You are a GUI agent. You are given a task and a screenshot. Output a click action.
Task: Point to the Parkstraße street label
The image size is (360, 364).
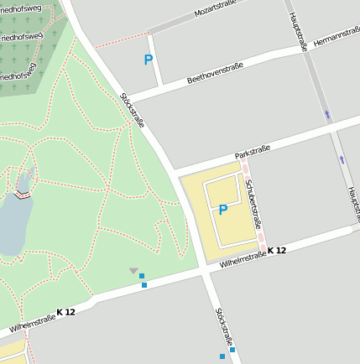[x=252, y=152]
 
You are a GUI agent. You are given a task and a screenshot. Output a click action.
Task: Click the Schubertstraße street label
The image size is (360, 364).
[x=256, y=207]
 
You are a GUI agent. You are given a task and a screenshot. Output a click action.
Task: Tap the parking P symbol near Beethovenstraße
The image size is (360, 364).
[x=149, y=60]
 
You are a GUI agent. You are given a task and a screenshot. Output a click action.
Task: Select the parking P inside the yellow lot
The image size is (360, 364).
[x=223, y=210]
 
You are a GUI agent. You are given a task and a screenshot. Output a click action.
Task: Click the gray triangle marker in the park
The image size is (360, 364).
[x=133, y=270]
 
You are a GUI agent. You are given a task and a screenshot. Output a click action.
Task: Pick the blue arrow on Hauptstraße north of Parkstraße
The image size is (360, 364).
[x=327, y=114]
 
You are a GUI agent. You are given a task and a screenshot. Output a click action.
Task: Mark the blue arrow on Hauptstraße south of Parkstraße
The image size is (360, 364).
[x=342, y=159]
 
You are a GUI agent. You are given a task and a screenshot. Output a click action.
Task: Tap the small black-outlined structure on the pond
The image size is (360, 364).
[x=23, y=195]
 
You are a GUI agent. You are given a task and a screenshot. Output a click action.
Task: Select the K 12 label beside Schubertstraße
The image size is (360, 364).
[x=278, y=251]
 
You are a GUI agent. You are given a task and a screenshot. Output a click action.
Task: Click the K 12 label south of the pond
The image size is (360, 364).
[x=66, y=312]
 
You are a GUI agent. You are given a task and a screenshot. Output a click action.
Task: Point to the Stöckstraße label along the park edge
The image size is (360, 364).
[x=133, y=110]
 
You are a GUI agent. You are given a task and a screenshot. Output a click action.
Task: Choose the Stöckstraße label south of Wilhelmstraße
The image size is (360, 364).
[x=224, y=327]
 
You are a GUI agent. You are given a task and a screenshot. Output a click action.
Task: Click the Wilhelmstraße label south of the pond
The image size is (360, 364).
[x=32, y=323]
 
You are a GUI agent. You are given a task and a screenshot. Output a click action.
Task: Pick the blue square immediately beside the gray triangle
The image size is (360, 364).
[x=142, y=276]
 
